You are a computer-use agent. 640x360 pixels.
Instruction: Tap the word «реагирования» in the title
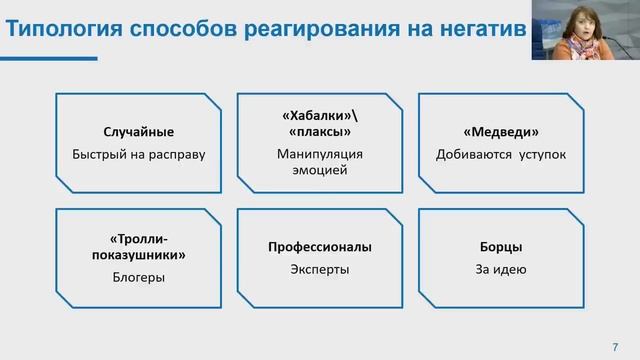(317, 32)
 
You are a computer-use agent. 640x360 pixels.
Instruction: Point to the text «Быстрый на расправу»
(139, 155)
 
